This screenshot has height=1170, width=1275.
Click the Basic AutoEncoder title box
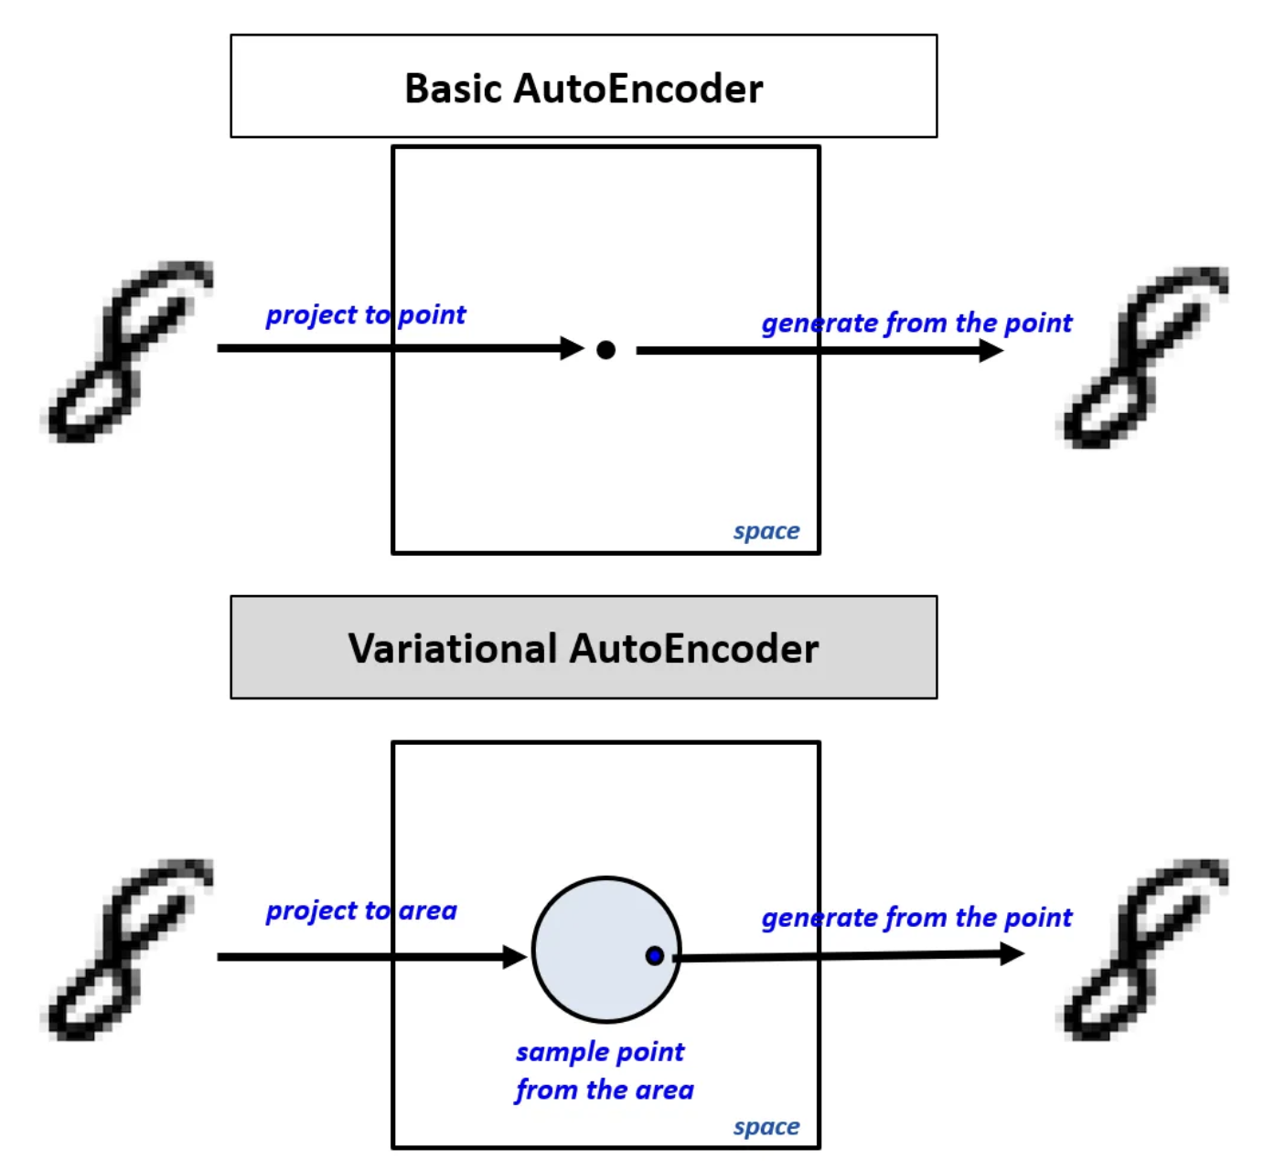584,87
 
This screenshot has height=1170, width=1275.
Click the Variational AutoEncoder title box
584,647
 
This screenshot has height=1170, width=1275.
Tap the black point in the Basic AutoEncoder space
605,349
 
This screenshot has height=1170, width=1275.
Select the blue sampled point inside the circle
654,955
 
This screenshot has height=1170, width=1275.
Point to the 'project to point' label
366,314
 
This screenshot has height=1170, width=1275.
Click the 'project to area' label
361,910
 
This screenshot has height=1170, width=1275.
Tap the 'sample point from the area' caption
604,1070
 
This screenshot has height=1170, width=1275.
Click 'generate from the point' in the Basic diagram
916,323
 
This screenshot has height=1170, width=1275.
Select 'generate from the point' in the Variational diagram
916,917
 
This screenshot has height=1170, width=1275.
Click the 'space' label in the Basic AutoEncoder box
766,531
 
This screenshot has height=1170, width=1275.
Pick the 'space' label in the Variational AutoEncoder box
766,1127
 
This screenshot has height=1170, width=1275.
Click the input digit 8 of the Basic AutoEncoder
128,352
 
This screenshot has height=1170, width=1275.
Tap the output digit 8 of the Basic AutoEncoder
1143,356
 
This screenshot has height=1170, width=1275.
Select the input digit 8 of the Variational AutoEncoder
128,949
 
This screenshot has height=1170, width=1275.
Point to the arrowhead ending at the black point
573,348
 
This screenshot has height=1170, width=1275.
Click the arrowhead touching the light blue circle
516,957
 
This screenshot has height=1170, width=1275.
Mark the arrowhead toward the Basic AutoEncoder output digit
991,350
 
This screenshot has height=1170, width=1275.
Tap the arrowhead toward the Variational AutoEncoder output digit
1012,954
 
